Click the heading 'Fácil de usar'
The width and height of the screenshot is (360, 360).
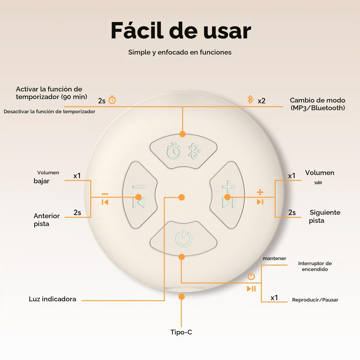181,31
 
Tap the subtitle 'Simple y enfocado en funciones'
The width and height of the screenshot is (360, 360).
180,52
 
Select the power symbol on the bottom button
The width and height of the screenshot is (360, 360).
184,238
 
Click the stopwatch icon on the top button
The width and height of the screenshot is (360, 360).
174,151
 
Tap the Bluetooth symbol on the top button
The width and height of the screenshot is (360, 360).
194,151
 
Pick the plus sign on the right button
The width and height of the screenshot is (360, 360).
229,186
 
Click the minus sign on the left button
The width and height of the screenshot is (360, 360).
139,186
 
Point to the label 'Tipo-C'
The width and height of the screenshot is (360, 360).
181,332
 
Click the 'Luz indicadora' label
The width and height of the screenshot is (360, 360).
52,299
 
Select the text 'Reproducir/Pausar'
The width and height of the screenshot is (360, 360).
315,300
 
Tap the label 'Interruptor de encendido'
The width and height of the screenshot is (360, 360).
315,266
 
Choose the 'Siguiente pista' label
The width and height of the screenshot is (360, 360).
325,217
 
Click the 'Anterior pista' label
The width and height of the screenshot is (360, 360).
47,220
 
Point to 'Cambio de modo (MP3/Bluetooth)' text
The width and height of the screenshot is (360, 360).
317,104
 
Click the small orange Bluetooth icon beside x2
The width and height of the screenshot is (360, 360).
250,99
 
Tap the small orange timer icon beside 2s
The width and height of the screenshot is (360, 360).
112,100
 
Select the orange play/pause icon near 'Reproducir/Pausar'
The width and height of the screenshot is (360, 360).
251,289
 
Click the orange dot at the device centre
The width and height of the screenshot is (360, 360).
181,197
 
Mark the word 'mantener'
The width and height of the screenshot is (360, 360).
274,258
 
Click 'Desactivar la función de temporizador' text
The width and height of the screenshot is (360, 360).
49,112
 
